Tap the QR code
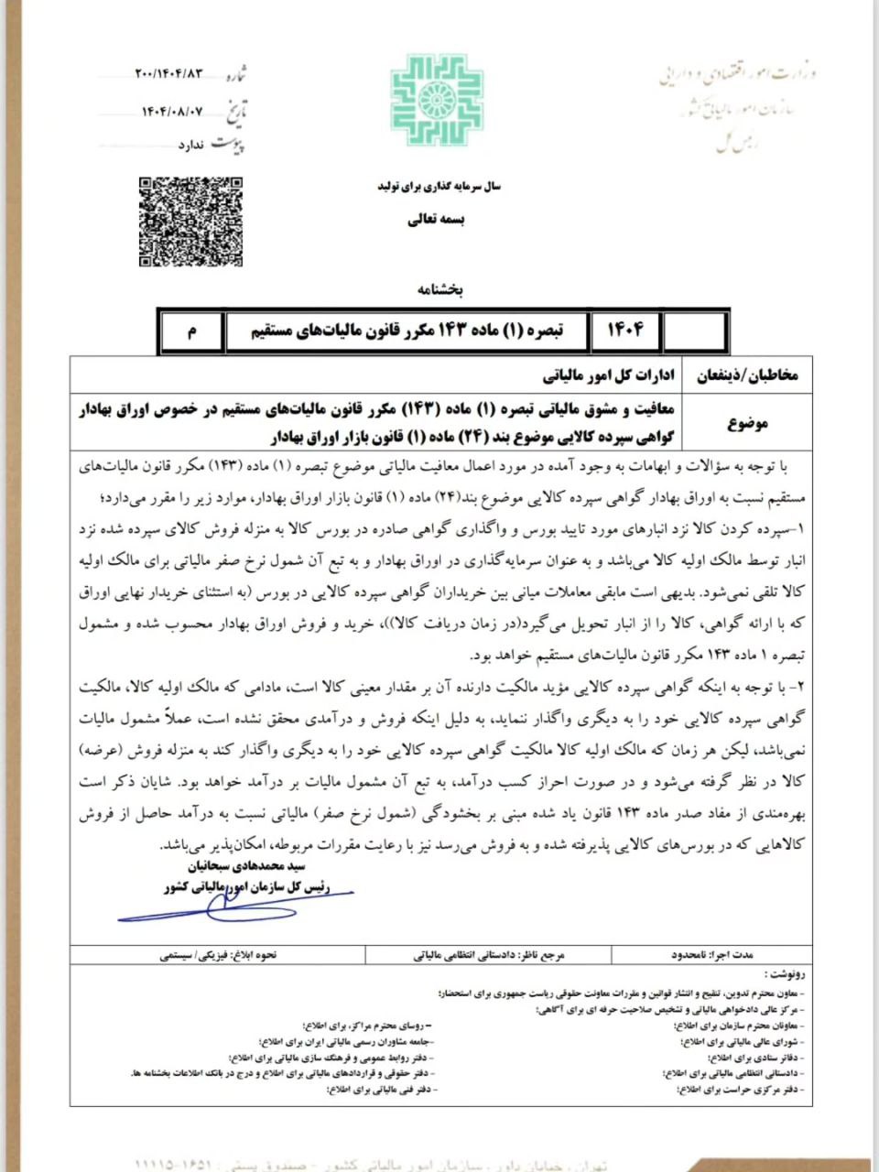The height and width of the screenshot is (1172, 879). (190, 221)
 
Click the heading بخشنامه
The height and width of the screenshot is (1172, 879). (440, 290)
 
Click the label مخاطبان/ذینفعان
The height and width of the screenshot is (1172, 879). (749, 375)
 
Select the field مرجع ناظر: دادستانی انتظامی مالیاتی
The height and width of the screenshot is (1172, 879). (489, 954)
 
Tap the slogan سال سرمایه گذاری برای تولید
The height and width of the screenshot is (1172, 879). (437, 186)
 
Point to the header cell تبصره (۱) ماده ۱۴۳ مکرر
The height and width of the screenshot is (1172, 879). (407, 331)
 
